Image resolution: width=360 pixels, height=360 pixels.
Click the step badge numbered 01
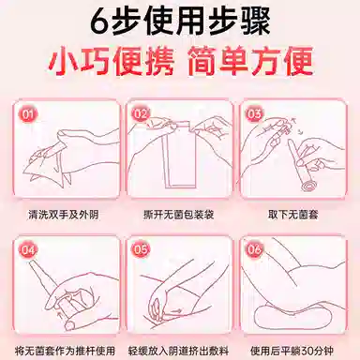point(28,115)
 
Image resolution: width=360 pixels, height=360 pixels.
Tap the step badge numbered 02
point(141,114)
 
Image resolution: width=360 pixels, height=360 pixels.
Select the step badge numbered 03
point(254,114)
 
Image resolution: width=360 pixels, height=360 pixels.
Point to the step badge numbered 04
point(28,250)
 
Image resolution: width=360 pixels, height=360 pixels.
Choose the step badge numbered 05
point(141,250)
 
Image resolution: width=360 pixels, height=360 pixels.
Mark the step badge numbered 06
point(254,250)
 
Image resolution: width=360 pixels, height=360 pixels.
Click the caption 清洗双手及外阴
point(64,215)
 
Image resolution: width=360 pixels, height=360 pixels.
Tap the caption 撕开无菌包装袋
point(179,215)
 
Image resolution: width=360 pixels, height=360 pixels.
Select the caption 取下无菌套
point(292,215)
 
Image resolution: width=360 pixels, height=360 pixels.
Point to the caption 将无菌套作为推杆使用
point(65,351)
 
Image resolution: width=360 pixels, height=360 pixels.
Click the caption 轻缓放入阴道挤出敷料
point(179,351)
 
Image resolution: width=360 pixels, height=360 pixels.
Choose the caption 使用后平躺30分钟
point(292,351)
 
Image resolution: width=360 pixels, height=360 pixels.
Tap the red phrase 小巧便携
point(112,61)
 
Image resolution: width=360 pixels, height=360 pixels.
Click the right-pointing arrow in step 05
point(177,310)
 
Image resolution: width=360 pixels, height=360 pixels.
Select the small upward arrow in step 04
point(57,310)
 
